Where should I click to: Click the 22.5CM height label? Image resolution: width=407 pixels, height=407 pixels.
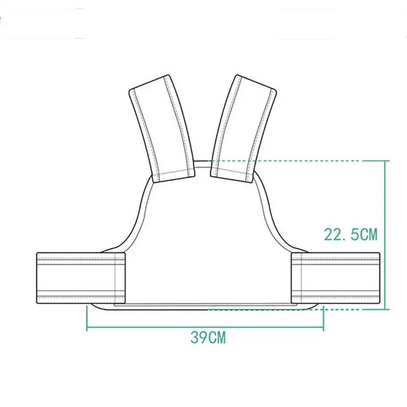[350, 234]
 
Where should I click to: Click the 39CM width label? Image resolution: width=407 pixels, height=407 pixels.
[208, 337]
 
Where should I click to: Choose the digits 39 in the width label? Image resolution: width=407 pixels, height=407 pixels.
[199, 337]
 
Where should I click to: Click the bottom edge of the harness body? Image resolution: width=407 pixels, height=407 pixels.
[203, 309]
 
